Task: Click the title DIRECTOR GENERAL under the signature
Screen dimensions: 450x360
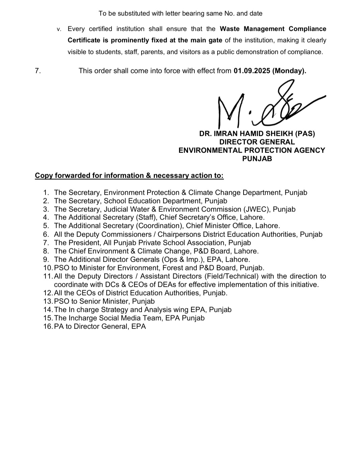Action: click(257, 142)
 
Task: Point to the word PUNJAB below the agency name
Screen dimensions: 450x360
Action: click(257, 159)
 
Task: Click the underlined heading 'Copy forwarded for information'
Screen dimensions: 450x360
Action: click(129, 176)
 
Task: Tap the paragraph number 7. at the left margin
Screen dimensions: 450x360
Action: click(38, 71)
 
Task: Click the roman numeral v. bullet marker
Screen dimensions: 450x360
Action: click(59, 29)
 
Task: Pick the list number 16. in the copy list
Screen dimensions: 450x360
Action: click(48, 327)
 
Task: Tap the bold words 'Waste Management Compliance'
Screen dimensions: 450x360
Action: click(273, 29)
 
